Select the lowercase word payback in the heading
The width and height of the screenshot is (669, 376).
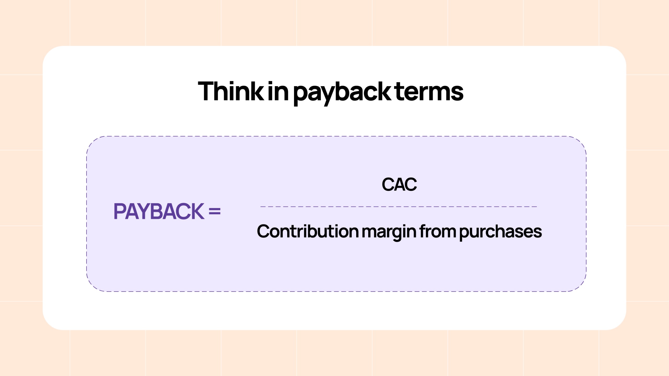pyautogui.click(x=342, y=93)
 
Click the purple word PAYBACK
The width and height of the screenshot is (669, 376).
pyautogui.click(x=159, y=211)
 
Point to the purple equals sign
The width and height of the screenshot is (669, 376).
pyautogui.click(x=215, y=211)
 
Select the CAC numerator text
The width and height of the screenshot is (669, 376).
pyautogui.click(x=399, y=184)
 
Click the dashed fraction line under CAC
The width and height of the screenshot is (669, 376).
pyautogui.click(x=399, y=207)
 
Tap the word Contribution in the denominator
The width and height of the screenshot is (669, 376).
pyautogui.click(x=308, y=231)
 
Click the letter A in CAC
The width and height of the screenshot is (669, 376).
pyautogui.click(x=399, y=184)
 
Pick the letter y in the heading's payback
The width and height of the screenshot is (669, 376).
pyautogui.click(x=325, y=96)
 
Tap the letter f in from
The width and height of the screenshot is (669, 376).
pyautogui.click(x=423, y=231)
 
